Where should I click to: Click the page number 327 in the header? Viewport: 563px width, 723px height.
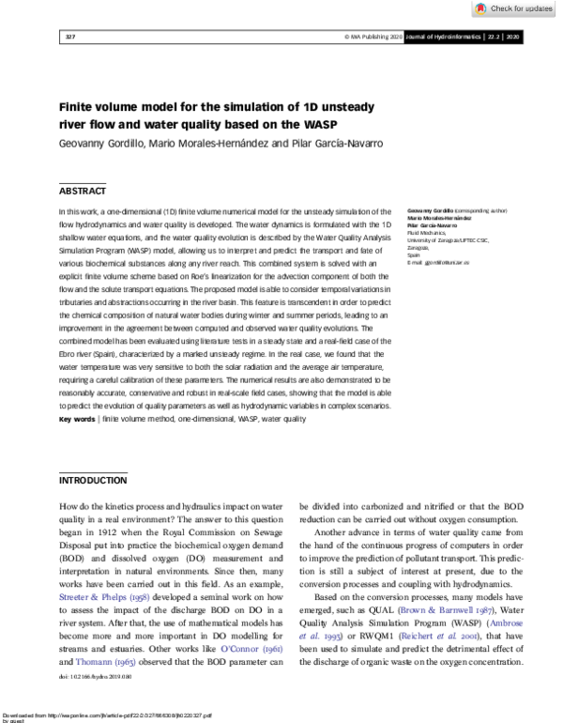(69, 37)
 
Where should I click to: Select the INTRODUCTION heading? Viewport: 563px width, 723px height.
(93, 480)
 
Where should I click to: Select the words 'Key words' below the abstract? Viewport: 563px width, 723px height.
(77, 419)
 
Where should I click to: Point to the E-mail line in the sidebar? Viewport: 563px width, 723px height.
(437, 261)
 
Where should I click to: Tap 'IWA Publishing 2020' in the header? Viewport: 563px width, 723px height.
(374, 37)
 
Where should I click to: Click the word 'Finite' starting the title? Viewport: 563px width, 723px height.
(82, 106)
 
